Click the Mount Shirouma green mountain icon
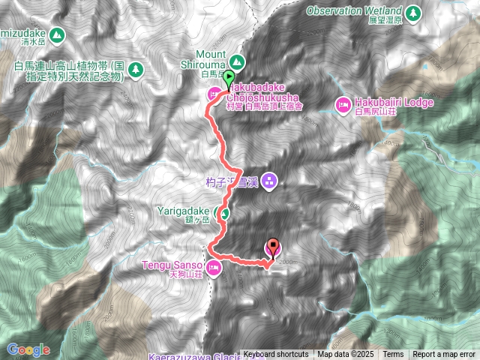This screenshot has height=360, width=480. click(x=237, y=61)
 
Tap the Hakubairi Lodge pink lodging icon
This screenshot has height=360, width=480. click(x=343, y=103)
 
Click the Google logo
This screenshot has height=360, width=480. click(x=28, y=349)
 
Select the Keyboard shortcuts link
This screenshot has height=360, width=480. click(x=275, y=355)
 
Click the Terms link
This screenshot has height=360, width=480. click(x=393, y=355)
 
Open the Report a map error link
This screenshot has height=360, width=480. click(x=444, y=355)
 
